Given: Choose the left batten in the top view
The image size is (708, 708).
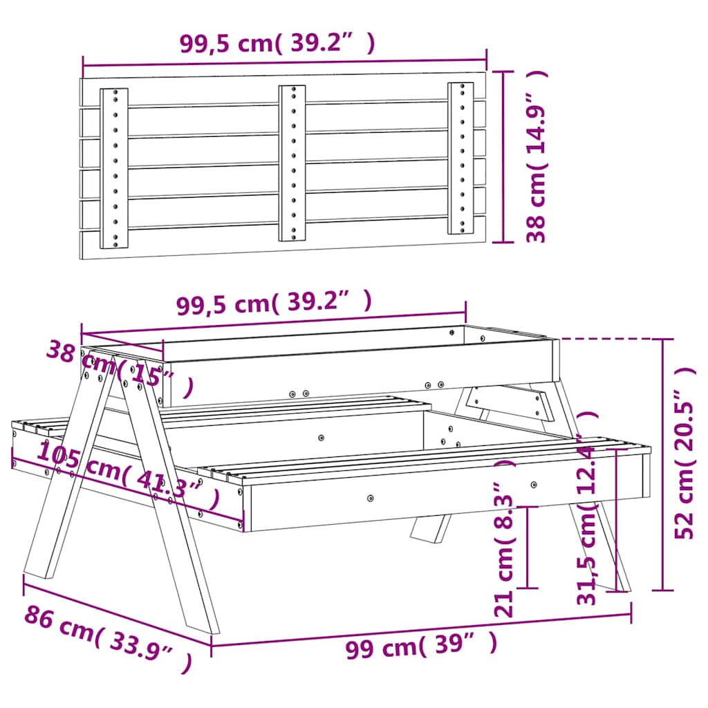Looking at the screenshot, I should (114, 168).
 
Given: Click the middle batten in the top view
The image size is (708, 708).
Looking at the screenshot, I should (292, 163).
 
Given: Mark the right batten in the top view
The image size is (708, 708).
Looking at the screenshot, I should (460, 158).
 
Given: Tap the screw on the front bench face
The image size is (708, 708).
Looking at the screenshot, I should (371, 497).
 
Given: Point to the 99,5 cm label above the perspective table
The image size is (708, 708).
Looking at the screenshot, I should (274, 304).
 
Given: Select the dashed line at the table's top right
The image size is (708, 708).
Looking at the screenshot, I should (608, 339).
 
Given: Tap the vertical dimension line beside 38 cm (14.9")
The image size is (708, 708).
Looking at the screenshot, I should (503, 156).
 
